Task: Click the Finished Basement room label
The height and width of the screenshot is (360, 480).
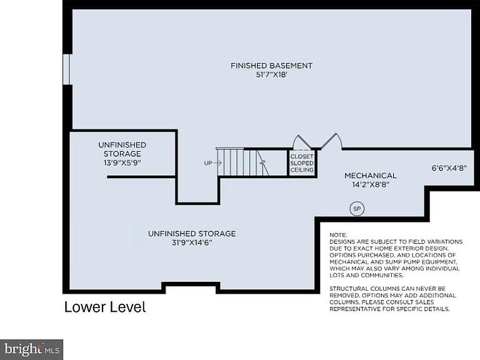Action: point(271,66)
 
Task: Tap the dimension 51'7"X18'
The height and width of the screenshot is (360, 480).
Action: point(271,75)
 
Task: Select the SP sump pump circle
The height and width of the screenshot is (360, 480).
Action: point(357,209)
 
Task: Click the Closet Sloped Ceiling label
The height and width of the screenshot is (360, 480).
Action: point(302,163)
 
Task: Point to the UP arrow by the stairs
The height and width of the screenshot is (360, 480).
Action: point(217,163)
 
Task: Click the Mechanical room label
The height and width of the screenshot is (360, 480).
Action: point(371,176)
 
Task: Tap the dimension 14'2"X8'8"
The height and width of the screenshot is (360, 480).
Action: point(371,185)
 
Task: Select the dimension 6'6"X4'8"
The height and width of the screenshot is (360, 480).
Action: point(449,168)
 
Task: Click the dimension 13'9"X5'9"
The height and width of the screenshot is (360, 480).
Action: point(122,163)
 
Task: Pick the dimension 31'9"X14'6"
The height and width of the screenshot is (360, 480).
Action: point(192,243)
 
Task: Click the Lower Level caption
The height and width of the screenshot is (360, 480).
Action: point(105,307)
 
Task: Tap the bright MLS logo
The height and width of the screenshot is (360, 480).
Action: point(31,349)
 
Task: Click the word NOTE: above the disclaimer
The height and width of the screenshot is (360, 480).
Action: point(338,235)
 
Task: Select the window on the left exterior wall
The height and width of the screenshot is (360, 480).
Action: point(67,69)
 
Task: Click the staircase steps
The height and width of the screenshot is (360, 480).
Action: point(241,162)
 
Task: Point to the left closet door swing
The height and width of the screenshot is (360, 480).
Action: point(301,141)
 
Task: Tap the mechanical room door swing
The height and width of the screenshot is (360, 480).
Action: point(331,141)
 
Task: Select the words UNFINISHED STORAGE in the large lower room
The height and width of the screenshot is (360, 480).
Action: point(192,234)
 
